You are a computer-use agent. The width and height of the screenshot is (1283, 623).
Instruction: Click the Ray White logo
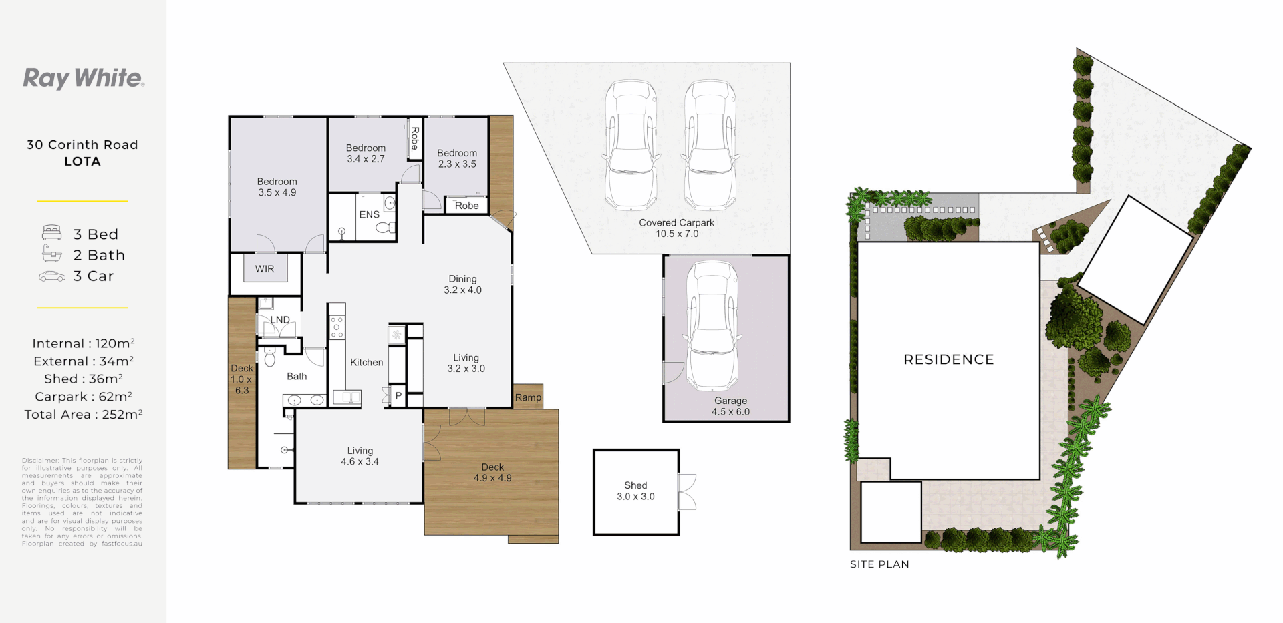(84, 78)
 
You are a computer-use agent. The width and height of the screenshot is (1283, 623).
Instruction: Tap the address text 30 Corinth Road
(82, 145)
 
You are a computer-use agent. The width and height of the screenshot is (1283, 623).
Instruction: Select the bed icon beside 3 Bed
(51, 233)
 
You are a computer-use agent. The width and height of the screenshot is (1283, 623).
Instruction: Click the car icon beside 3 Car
(51, 276)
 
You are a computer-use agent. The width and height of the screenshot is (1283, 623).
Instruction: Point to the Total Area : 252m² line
(83, 415)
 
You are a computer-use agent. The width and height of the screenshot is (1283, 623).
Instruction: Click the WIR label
(265, 269)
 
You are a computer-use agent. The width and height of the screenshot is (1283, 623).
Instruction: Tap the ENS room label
(369, 214)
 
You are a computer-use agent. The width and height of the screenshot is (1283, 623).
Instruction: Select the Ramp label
(528, 397)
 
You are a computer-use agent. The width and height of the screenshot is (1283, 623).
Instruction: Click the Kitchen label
(367, 362)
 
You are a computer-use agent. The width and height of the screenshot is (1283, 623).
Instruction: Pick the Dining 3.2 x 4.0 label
(462, 284)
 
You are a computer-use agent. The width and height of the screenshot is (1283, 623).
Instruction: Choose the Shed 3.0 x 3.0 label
(635, 491)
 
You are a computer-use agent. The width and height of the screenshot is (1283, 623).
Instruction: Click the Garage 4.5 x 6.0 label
(730, 406)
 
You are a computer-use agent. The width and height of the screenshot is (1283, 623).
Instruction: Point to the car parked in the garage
(712, 325)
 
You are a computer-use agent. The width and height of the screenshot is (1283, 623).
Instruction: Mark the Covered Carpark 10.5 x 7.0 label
(676, 228)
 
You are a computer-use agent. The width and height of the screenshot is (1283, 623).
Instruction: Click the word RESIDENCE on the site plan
(948, 359)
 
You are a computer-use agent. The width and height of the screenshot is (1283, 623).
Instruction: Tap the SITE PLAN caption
(879, 564)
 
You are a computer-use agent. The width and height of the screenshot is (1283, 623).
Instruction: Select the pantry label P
(398, 396)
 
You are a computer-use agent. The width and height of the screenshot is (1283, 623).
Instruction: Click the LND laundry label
(280, 320)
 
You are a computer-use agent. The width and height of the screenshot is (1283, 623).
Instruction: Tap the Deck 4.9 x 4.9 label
(492, 473)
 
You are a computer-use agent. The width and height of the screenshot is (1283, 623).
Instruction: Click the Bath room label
(297, 377)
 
